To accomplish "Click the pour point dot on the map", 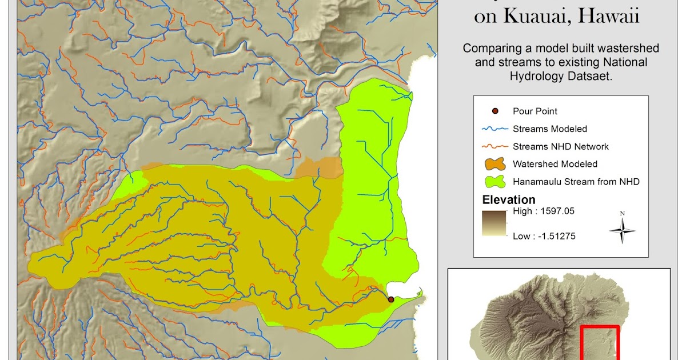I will pyautogui.click(x=391, y=299).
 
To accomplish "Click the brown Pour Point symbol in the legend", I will pyautogui.click(x=495, y=111).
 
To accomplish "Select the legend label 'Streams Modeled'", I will pyautogui.click(x=549, y=129).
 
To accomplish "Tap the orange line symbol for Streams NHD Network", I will pyautogui.click(x=495, y=147).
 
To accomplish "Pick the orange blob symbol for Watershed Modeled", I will pyautogui.click(x=495, y=165).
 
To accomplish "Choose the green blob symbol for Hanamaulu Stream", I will pyautogui.click(x=495, y=182).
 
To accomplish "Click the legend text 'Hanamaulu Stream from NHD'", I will pyautogui.click(x=576, y=182).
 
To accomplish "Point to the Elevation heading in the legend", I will pyautogui.click(x=509, y=200).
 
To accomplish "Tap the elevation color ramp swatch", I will pyautogui.click(x=494, y=224).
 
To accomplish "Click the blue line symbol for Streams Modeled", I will pyautogui.click(x=495, y=129).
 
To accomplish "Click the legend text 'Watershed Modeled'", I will pyautogui.click(x=555, y=164).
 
